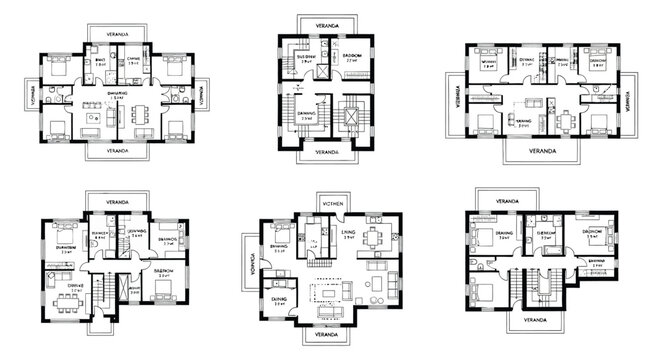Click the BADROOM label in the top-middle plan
(x=351, y=56)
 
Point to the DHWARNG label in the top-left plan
(x=119, y=92)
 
